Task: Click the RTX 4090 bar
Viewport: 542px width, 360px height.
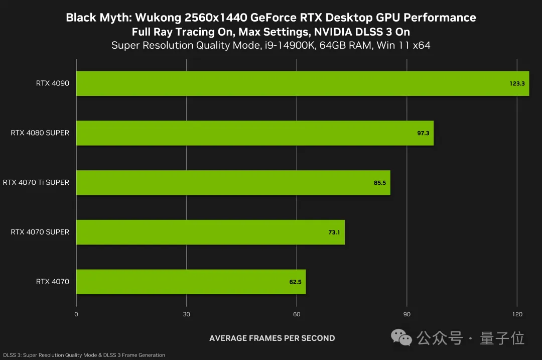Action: point(301,83)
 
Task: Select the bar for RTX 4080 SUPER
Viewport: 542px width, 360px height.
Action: point(254,133)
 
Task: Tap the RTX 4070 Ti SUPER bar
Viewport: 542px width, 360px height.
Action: point(233,182)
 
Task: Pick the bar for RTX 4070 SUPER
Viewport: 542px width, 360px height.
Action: point(210,232)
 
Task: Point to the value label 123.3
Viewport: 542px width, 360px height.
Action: point(517,84)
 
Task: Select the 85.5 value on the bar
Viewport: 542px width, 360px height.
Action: point(380,183)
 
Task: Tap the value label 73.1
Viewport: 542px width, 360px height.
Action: point(334,232)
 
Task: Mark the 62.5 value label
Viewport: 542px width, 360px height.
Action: point(295,282)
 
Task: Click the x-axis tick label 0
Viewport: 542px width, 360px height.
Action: point(76,314)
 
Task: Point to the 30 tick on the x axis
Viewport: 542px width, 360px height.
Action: point(186,314)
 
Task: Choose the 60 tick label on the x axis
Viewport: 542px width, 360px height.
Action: point(297,314)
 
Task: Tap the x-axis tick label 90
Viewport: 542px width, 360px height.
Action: point(406,314)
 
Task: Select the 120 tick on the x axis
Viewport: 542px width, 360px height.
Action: point(517,314)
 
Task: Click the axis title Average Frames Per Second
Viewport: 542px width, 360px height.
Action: point(272,338)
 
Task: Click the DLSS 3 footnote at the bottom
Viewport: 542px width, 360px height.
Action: point(83,355)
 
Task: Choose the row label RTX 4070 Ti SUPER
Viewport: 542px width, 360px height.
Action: point(36,182)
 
